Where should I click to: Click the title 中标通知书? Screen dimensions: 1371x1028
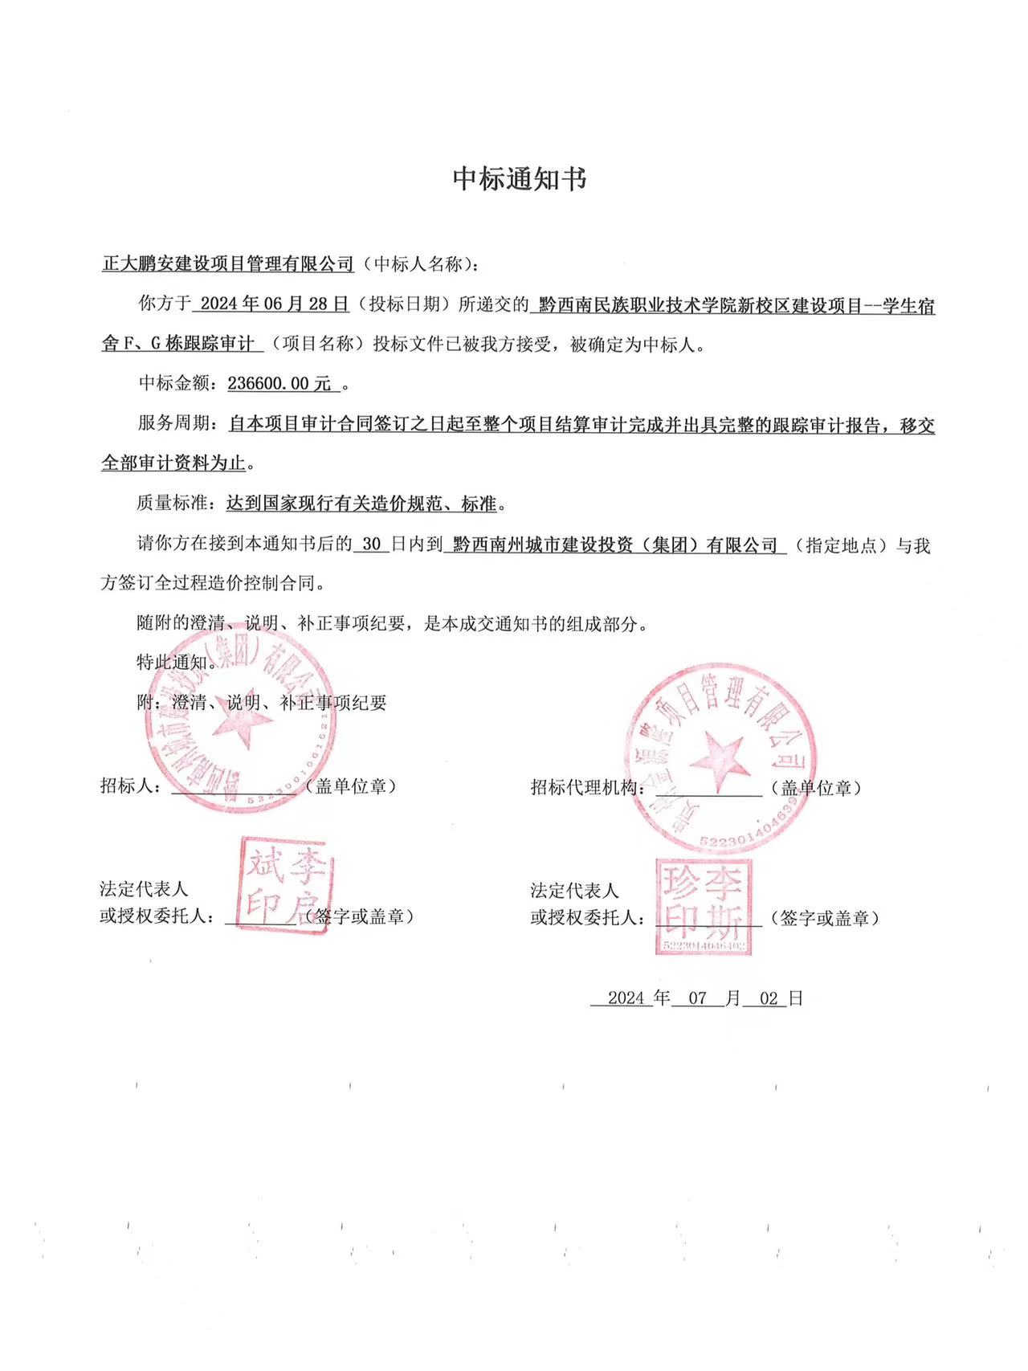pyautogui.click(x=520, y=178)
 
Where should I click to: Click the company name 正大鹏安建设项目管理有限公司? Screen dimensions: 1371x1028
pyautogui.click(x=228, y=264)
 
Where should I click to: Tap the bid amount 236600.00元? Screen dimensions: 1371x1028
pyautogui.click(x=279, y=384)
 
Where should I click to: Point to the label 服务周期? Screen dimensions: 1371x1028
pyautogui.click(x=173, y=425)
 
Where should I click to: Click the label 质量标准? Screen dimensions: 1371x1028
pyautogui.click(x=173, y=504)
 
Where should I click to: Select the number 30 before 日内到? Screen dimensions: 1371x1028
pyautogui.click(x=371, y=545)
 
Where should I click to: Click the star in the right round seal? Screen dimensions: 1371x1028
pyautogui.click(x=717, y=757)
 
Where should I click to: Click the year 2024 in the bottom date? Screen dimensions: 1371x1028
pyautogui.click(x=626, y=998)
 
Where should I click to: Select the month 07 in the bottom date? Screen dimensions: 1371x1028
pyautogui.click(x=697, y=998)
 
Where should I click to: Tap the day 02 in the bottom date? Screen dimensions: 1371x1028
pyautogui.click(x=769, y=998)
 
